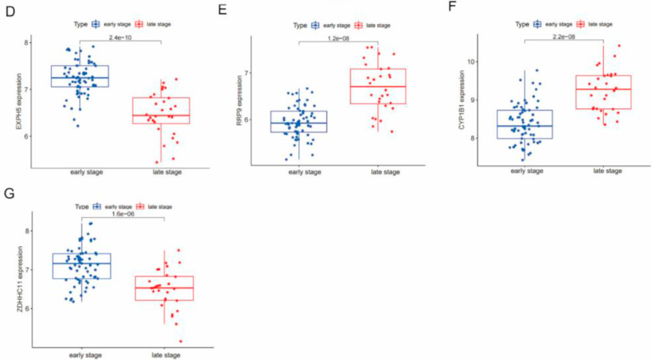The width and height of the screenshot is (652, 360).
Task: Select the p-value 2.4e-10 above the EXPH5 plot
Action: [x=120, y=37]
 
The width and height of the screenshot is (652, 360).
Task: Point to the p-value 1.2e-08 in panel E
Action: [x=338, y=38]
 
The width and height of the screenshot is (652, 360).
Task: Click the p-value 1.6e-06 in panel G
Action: [x=123, y=214]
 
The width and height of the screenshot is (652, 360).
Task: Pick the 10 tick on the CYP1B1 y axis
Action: [x=470, y=62]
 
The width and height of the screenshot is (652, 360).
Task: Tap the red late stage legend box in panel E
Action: [x=358, y=25]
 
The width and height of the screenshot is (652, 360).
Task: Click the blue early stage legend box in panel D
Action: [x=96, y=24]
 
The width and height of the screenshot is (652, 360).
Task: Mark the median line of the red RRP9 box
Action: [x=378, y=86]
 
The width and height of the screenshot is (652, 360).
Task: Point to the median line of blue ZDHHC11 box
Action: [x=81, y=263]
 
